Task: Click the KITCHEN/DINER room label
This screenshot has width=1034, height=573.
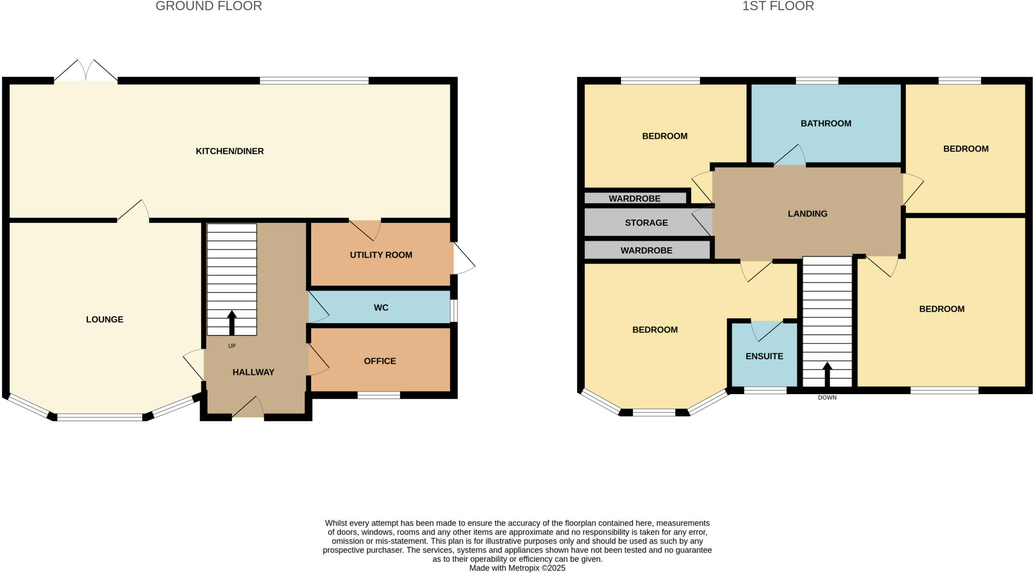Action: (x=230, y=151)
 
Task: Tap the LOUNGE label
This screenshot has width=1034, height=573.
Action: (x=105, y=319)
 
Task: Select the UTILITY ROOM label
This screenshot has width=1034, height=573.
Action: (x=381, y=255)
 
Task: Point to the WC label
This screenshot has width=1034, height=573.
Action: (x=381, y=308)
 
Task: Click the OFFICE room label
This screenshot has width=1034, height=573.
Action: (x=380, y=361)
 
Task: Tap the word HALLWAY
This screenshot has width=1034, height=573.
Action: (x=253, y=372)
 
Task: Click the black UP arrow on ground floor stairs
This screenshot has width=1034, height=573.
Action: (x=232, y=322)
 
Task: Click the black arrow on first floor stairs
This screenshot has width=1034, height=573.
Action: (x=827, y=374)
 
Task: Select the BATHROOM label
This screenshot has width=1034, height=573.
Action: (x=826, y=123)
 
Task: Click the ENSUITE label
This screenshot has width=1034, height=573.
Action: (x=764, y=356)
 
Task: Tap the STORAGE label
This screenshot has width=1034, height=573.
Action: (x=646, y=223)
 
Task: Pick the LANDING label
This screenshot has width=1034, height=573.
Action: (x=807, y=214)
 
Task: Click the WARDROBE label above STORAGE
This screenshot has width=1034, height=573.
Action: (x=635, y=199)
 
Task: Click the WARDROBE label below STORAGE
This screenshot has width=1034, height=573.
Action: (x=646, y=251)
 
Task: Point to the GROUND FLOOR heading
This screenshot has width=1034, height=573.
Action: (x=209, y=6)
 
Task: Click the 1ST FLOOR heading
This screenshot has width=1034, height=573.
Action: (x=778, y=6)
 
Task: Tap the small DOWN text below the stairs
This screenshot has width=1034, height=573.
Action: (x=827, y=398)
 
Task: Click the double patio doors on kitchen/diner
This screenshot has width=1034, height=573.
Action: (x=86, y=71)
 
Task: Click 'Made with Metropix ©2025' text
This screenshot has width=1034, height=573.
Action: (x=517, y=568)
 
